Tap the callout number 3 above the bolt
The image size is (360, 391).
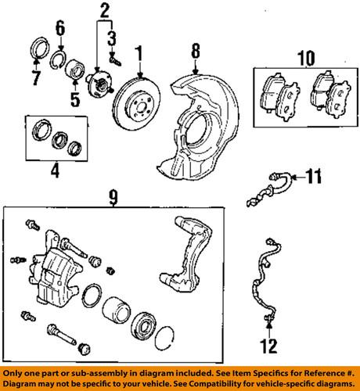click(x=113, y=37)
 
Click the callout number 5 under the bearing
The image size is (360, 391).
click(x=76, y=99)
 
